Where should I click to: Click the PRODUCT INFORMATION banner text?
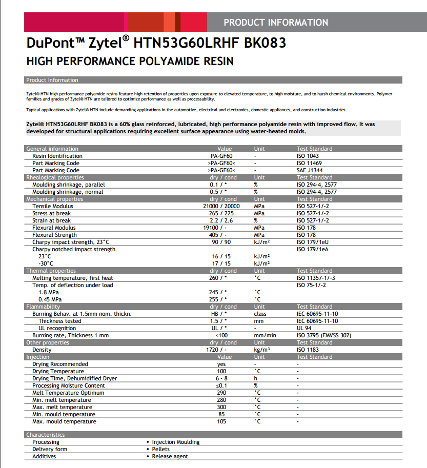tap(276, 23)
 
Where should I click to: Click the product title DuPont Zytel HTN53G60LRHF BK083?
tap(156, 43)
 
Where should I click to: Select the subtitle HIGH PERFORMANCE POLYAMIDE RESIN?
tap(130, 62)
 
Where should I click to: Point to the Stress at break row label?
tap(51, 213)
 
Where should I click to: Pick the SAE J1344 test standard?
tap(311, 170)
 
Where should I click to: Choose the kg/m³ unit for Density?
tap(261, 350)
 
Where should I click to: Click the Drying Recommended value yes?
tap(221, 364)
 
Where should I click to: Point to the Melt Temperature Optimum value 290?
tap(221, 393)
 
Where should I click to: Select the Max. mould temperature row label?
tap(64, 421)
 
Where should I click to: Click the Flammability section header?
tap(43, 307)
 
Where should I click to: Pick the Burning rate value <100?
tap(221, 335)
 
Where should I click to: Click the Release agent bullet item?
tap(170, 456)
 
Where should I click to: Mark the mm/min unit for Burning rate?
tap(265, 335)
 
